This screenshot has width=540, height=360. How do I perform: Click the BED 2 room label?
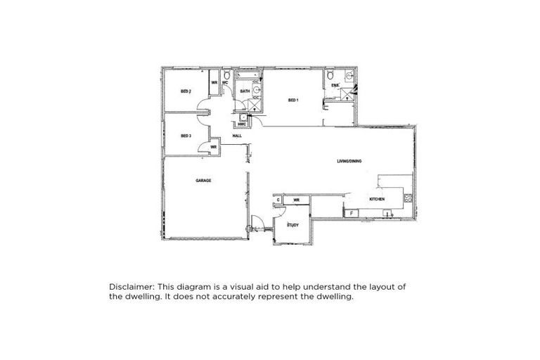[186, 91]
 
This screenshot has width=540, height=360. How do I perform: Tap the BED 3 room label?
[186, 135]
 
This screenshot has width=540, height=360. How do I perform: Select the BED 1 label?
[294, 101]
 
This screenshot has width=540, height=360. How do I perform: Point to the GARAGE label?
[203, 181]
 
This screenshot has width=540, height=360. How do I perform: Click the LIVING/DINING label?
[349, 162]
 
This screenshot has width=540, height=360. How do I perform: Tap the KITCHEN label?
[378, 200]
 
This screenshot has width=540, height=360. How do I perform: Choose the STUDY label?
[293, 225]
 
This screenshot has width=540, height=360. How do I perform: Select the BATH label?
[245, 91]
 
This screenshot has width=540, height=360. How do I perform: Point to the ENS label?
[335, 86]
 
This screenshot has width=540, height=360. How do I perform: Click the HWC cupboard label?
[243, 124]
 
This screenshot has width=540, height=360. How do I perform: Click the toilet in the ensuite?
[330, 75]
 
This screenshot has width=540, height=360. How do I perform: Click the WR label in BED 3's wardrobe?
[213, 147]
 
